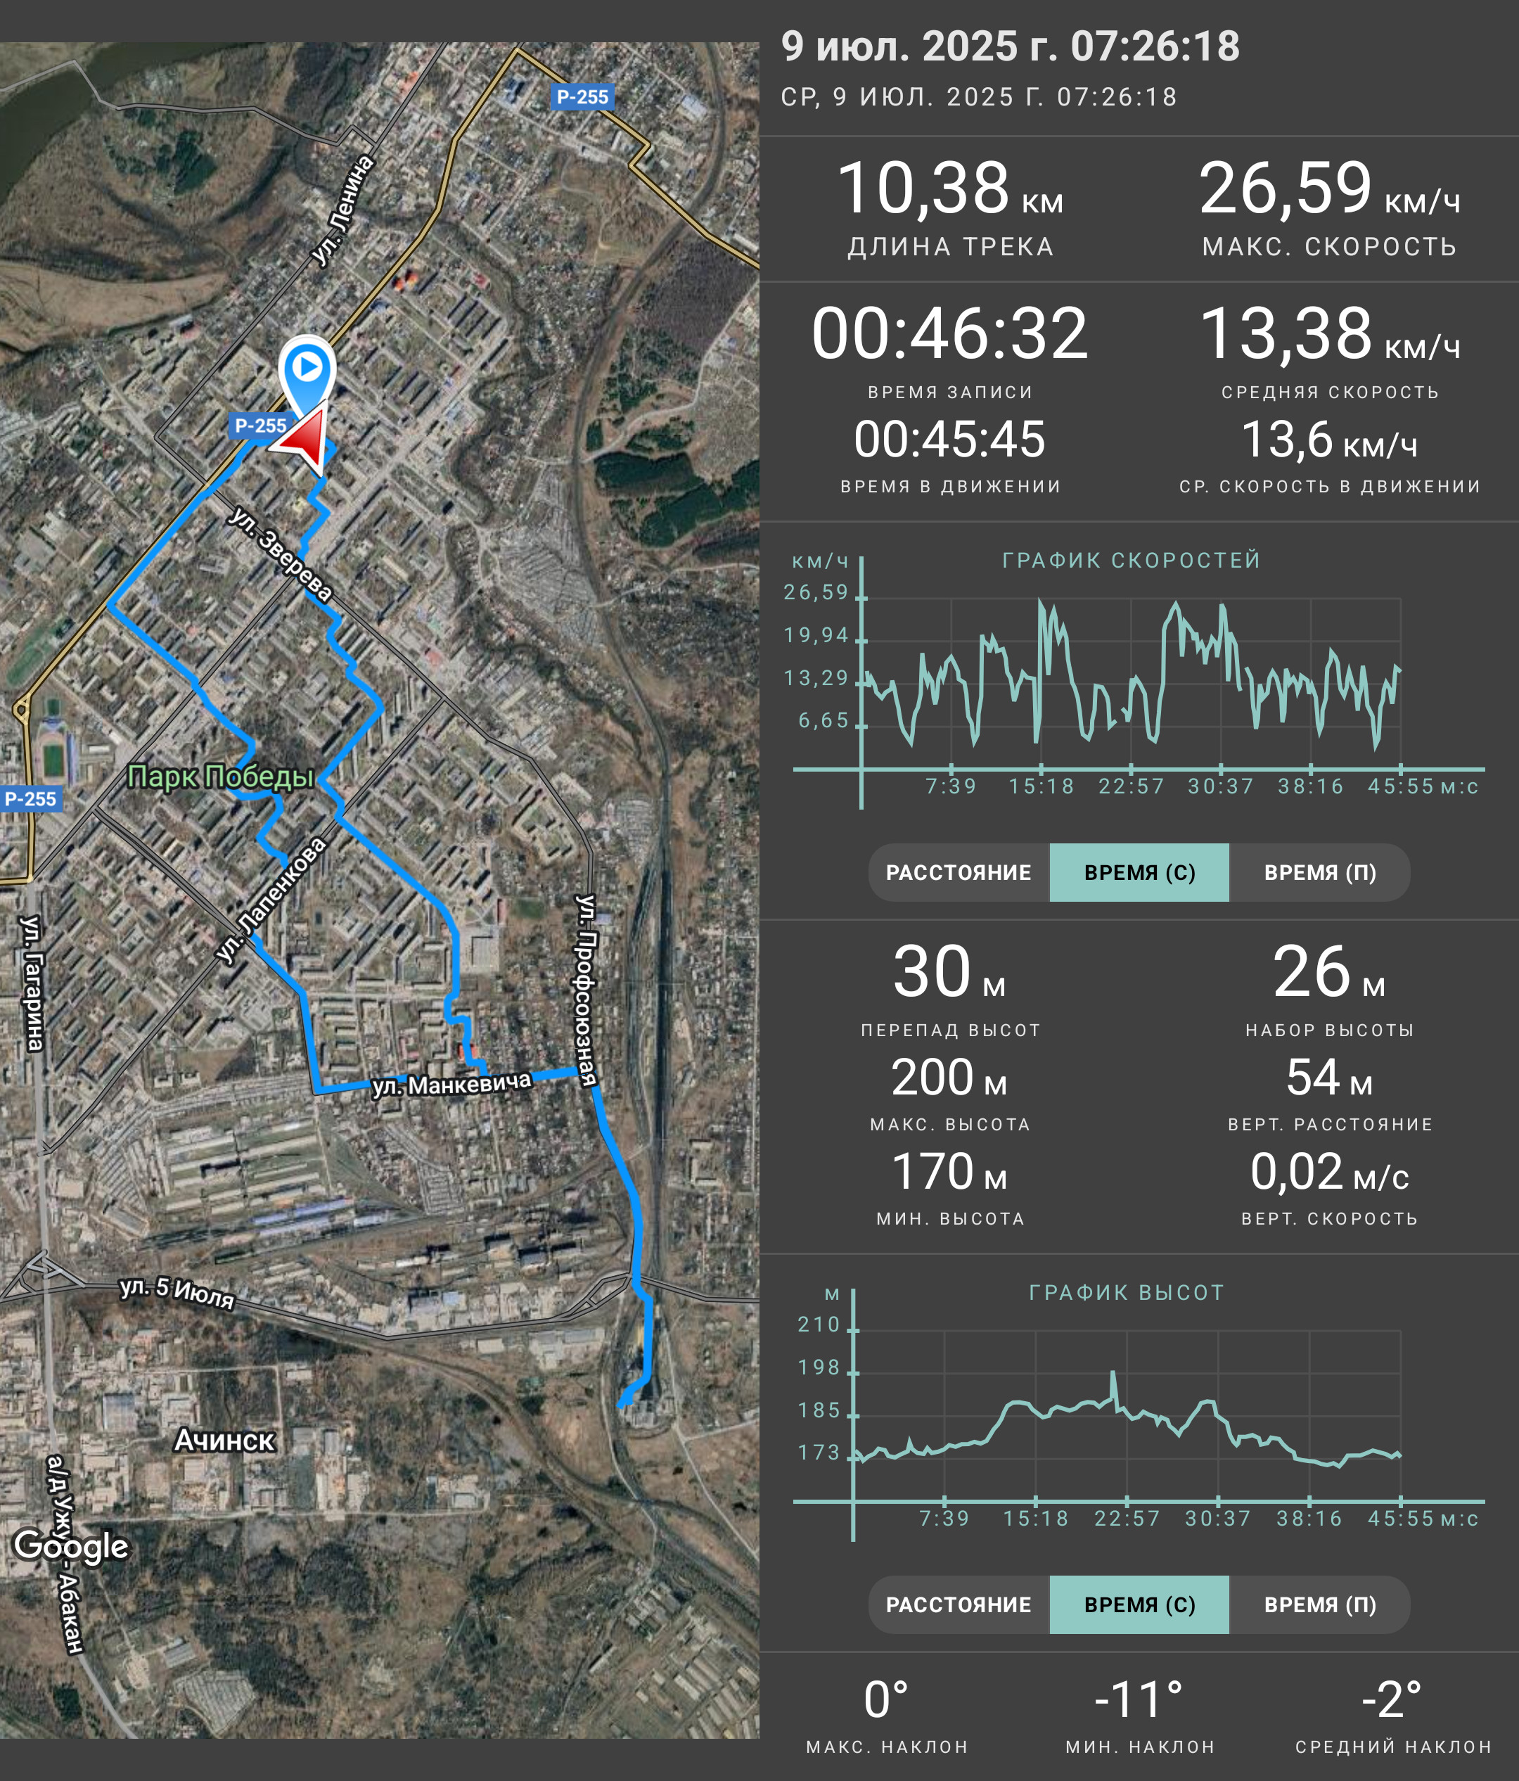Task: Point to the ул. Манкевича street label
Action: pyautogui.click(x=452, y=1085)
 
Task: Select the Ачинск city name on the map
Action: pyautogui.click(x=224, y=1440)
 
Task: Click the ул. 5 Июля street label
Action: pyautogui.click(x=177, y=1292)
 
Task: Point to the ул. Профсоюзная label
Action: pyautogui.click(x=586, y=990)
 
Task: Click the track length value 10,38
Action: pyautogui.click(x=923, y=189)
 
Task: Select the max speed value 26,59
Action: pyautogui.click(x=1286, y=189)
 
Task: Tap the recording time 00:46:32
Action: pyautogui.click(x=950, y=333)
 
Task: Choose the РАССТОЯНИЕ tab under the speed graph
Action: pyautogui.click(x=959, y=872)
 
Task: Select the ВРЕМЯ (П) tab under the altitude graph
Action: pyautogui.click(x=1320, y=1604)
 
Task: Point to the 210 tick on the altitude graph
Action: pyautogui.click(x=819, y=1324)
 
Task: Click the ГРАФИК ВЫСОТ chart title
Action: pyautogui.click(x=1127, y=1293)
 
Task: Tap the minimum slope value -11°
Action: pyautogui.click(x=1139, y=1699)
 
